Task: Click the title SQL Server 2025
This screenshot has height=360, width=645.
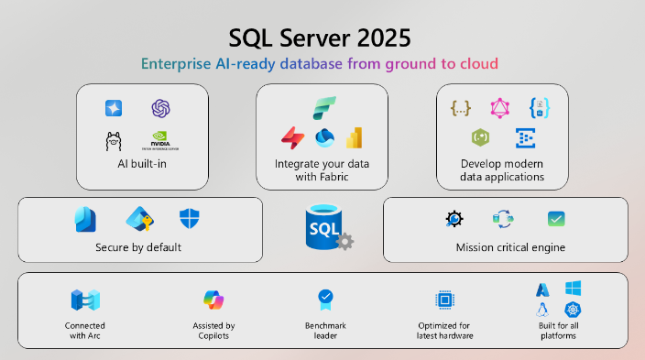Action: click(320, 38)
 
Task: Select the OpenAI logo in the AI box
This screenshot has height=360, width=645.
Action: click(162, 108)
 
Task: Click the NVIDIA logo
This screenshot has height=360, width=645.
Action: click(161, 141)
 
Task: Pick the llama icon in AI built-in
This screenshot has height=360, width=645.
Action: click(114, 141)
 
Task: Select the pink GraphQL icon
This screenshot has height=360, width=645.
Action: click(498, 108)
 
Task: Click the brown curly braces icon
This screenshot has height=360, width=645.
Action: click(460, 108)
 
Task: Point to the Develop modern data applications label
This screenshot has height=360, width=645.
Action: click(502, 170)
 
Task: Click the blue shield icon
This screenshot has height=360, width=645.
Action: click(189, 219)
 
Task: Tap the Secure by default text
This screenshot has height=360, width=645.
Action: click(138, 247)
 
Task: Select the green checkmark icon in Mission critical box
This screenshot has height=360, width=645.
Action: click(555, 219)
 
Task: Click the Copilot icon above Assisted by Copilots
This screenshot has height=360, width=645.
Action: click(213, 300)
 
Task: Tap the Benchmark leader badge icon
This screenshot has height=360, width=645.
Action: click(324, 298)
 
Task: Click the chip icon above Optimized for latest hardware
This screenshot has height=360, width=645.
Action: click(445, 300)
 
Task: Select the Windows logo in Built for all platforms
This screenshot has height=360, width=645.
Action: click(574, 289)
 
